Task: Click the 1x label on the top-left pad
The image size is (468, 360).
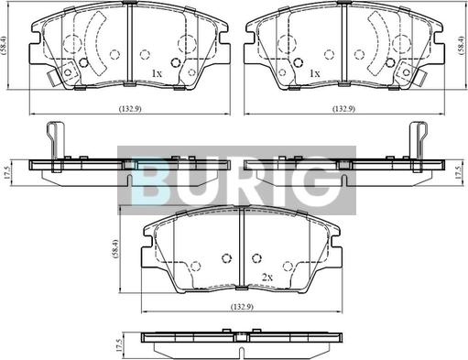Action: coord(157,73)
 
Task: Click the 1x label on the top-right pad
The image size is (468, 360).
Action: coord(315,73)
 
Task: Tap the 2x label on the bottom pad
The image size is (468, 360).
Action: coord(267,278)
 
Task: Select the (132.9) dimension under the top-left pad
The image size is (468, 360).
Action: coord(130,108)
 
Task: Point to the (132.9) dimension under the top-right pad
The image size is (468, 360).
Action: coord(343,108)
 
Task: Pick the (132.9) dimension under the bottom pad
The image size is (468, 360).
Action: coord(242,306)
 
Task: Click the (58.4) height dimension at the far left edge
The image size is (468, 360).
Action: coord(4,45)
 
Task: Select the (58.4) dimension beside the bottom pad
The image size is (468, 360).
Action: coord(115,249)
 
